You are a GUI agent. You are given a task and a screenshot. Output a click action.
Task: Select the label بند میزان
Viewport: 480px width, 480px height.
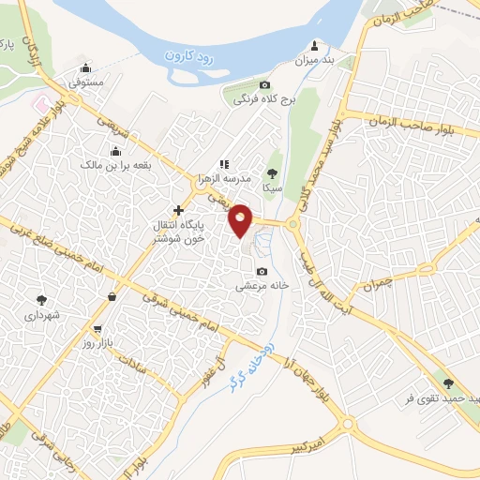pos(314,60)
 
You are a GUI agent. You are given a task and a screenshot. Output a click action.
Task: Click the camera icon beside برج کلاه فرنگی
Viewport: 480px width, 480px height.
pos(264,84)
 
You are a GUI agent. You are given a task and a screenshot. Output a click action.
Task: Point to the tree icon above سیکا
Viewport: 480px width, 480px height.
pos(272,173)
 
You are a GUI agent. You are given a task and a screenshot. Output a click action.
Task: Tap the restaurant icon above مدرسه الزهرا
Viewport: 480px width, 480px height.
pos(223,164)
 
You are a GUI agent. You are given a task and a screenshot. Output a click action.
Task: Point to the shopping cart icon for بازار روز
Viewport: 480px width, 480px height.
pos(97,329)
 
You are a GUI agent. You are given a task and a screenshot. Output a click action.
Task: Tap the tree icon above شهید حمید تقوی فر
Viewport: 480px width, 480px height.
pos(447,382)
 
